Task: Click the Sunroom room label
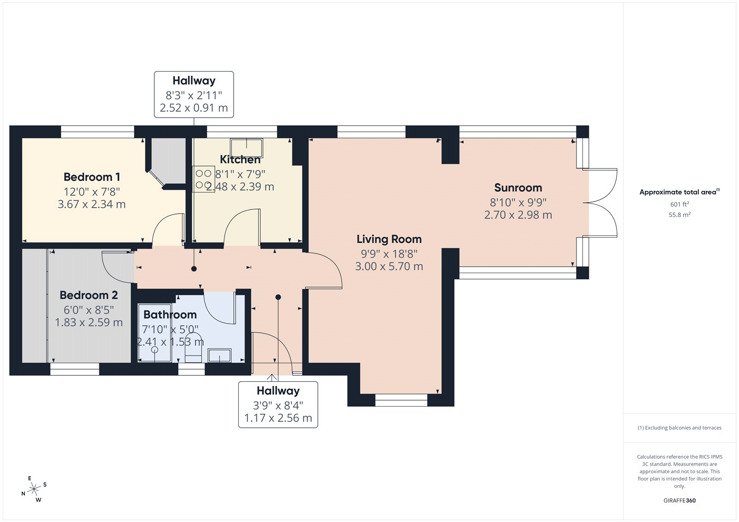pyautogui.click(x=518, y=188)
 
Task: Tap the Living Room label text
pyautogui.click(x=389, y=239)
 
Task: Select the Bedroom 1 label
pyautogui.click(x=92, y=177)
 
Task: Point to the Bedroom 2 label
pyautogui.click(x=89, y=295)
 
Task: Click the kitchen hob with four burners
pyautogui.click(x=203, y=179)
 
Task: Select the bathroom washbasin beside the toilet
pyautogui.click(x=219, y=355)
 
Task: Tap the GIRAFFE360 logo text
pyautogui.click(x=679, y=500)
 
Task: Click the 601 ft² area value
pyautogui.click(x=679, y=204)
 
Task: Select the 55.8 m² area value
pyautogui.click(x=679, y=215)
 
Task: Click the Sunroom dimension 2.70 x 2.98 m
pyautogui.click(x=518, y=215)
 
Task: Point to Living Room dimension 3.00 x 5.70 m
pyautogui.click(x=389, y=266)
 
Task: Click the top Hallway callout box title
pyautogui.click(x=194, y=81)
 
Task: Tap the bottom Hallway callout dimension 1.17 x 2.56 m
pyautogui.click(x=278, y=418)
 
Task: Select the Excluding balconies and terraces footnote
pyautogui.click(x=679, y=428)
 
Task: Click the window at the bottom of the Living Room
pyautogui.click(x=401, y=400)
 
